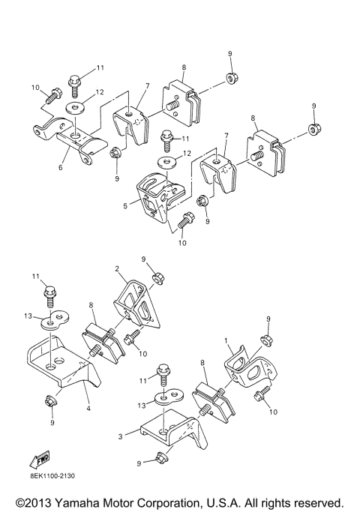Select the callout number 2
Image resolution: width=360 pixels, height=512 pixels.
(117, 268)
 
